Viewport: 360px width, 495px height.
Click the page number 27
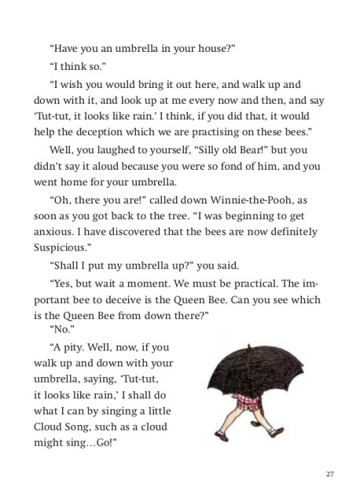[329, 474]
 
